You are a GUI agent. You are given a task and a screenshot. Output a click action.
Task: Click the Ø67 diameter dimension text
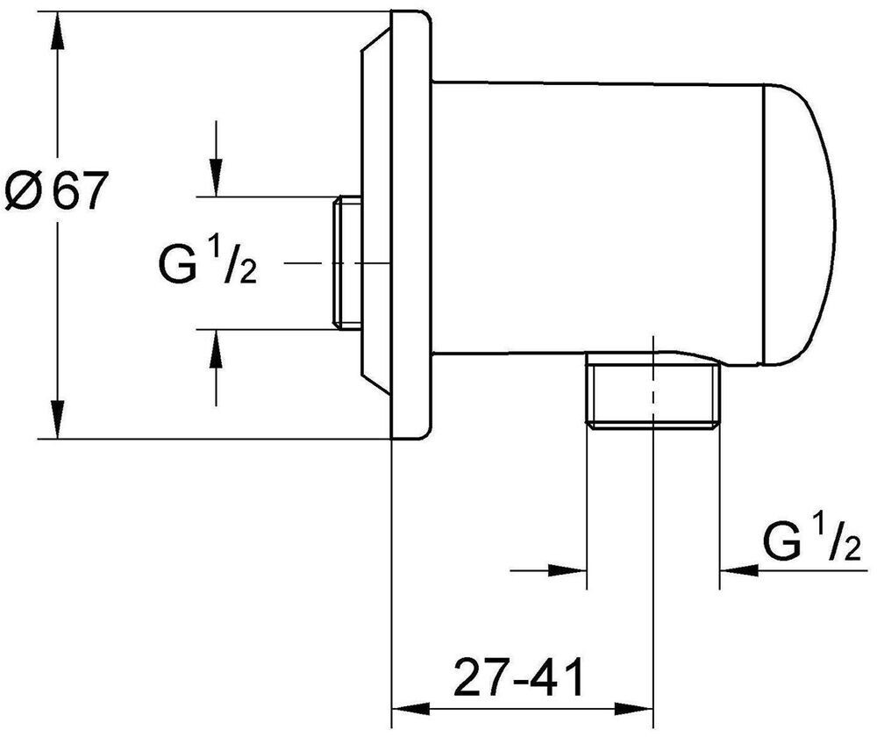coord(54,190)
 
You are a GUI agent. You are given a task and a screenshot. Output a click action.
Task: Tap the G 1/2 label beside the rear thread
coord(208,261)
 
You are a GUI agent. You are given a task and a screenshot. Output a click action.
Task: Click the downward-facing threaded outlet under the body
coord(652,390)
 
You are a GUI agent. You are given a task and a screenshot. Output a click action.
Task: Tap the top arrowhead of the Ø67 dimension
coord(57,32)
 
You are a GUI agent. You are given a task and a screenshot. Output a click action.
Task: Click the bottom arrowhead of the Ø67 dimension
coord(57,419)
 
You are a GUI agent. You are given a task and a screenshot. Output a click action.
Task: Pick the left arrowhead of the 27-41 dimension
coord(411,709)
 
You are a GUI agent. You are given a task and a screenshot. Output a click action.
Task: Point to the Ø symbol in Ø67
coord(23,190)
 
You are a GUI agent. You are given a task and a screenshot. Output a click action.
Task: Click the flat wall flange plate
coord(411,225)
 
